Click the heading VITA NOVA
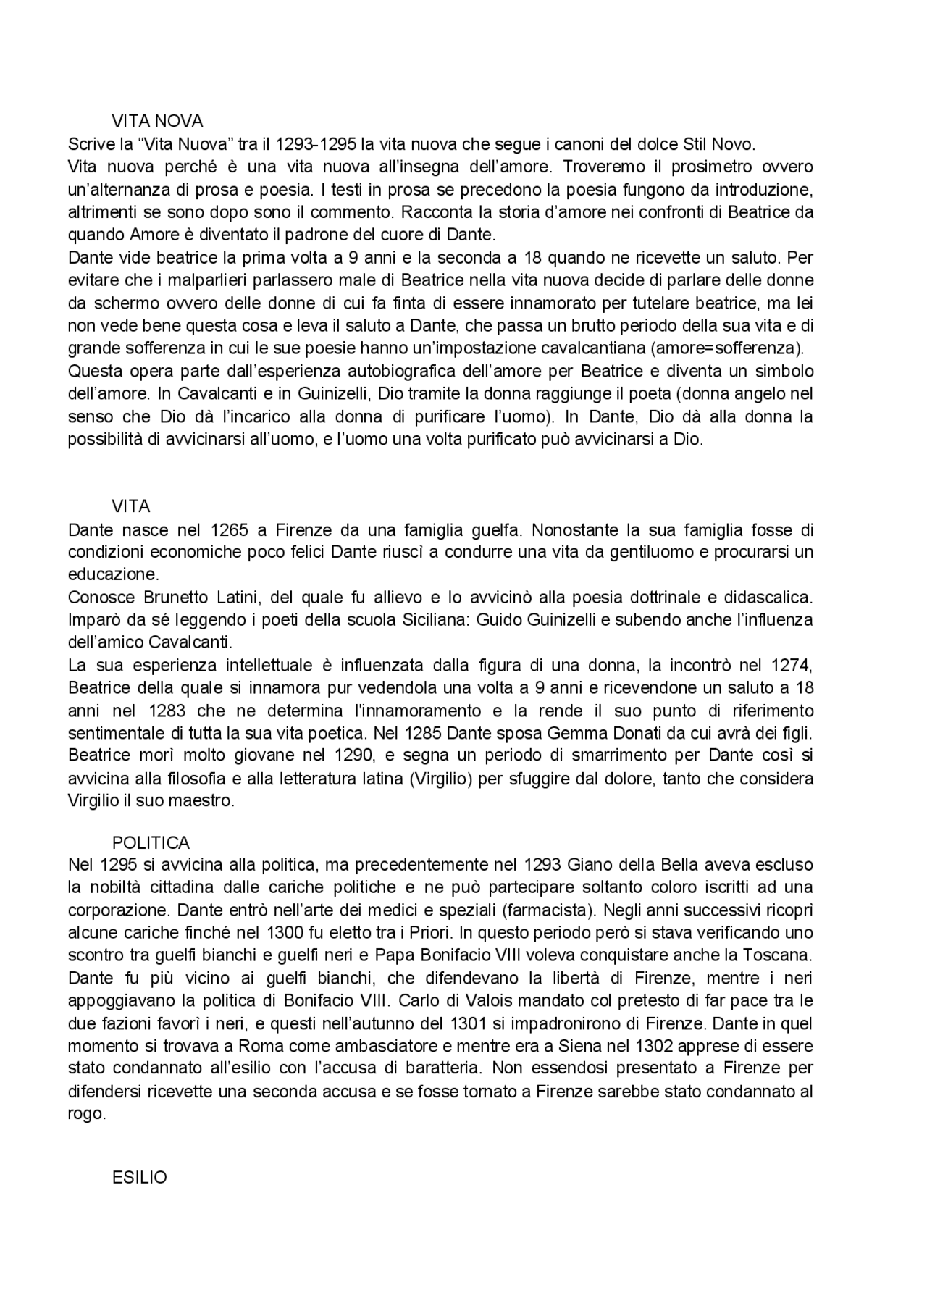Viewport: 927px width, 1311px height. click(x=157, y=120)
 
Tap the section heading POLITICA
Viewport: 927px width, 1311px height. click(x=151, y=843)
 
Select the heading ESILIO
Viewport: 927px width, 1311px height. click(x=139, y=1178)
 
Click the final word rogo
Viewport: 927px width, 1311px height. click(x=86, y=1114)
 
